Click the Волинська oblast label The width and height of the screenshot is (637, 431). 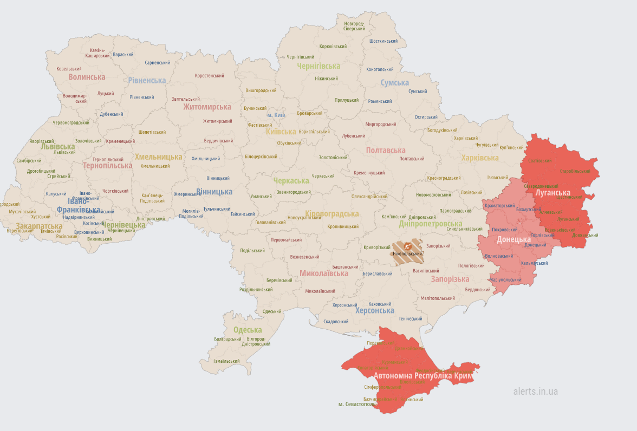(x=87, y=77)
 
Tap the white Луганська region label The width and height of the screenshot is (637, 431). (x=552, y=193)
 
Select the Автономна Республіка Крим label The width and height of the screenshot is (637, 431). (x=424, y=375)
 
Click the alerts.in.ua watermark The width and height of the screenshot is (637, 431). (x=535, y=391)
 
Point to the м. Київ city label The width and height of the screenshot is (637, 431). (x=276, y=115)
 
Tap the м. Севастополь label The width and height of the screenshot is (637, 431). (x=356, y=404)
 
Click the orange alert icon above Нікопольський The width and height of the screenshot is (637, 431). (x=407, y=245)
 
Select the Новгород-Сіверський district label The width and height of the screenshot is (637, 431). (x=354, y=26)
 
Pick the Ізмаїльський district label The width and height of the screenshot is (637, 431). (x=226, y=361)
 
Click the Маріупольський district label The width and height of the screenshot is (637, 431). (x=505, y=280)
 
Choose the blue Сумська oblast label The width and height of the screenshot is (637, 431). (x=394, y=82)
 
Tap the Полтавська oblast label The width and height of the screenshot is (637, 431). (x=386, y=151)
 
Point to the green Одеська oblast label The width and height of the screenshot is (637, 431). (x=248, y=330)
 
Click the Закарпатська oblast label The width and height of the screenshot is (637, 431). (x=39, y=226)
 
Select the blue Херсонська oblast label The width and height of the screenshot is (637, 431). (x=374, y=310)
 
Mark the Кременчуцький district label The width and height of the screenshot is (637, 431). (x=369, y=173)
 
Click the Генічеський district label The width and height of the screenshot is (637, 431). (x=411, y=318)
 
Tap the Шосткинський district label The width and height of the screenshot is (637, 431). (x=384, y=41)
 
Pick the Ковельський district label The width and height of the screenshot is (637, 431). (x=69, y=69)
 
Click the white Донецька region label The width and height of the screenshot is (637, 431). (x=513, y=239)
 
